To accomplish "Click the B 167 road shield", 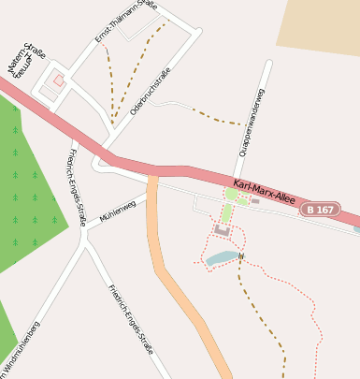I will pos(322,211).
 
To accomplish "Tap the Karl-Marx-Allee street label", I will pos(264,192).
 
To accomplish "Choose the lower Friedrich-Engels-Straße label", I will pos(131,318).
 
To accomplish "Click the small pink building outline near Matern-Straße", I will pos(59,80).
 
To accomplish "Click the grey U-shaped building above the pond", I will pos(223,229).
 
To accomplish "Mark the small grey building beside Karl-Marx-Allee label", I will pos(255,201).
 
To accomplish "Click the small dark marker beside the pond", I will pos(241,255).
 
